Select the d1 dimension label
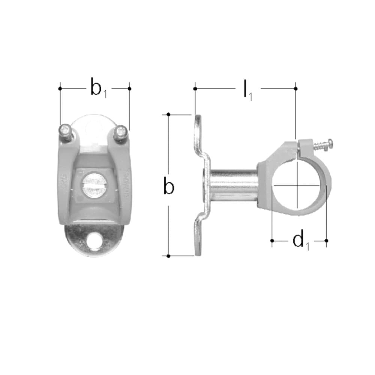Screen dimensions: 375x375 click(x=300, y=240)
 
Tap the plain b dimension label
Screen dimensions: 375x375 click(x=169, y=187)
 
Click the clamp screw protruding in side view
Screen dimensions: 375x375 click(x=322, y=145)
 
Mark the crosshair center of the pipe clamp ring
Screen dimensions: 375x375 click(x=297, y=185)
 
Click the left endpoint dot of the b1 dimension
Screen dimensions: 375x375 click(x=60, y=88)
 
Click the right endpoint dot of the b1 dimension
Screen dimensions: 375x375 click(x=129, y=88)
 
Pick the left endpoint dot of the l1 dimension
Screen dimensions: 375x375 click(x=195, y=88)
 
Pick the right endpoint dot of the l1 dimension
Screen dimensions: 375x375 click(x=296, y=88)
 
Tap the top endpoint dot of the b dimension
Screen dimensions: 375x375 click(x=169, y=114)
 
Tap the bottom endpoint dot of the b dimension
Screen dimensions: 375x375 click(x=169, y=256)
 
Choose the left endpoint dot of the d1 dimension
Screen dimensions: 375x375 click(x=272, y=240)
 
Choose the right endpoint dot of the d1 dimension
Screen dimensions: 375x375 click(x=326, y=240)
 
